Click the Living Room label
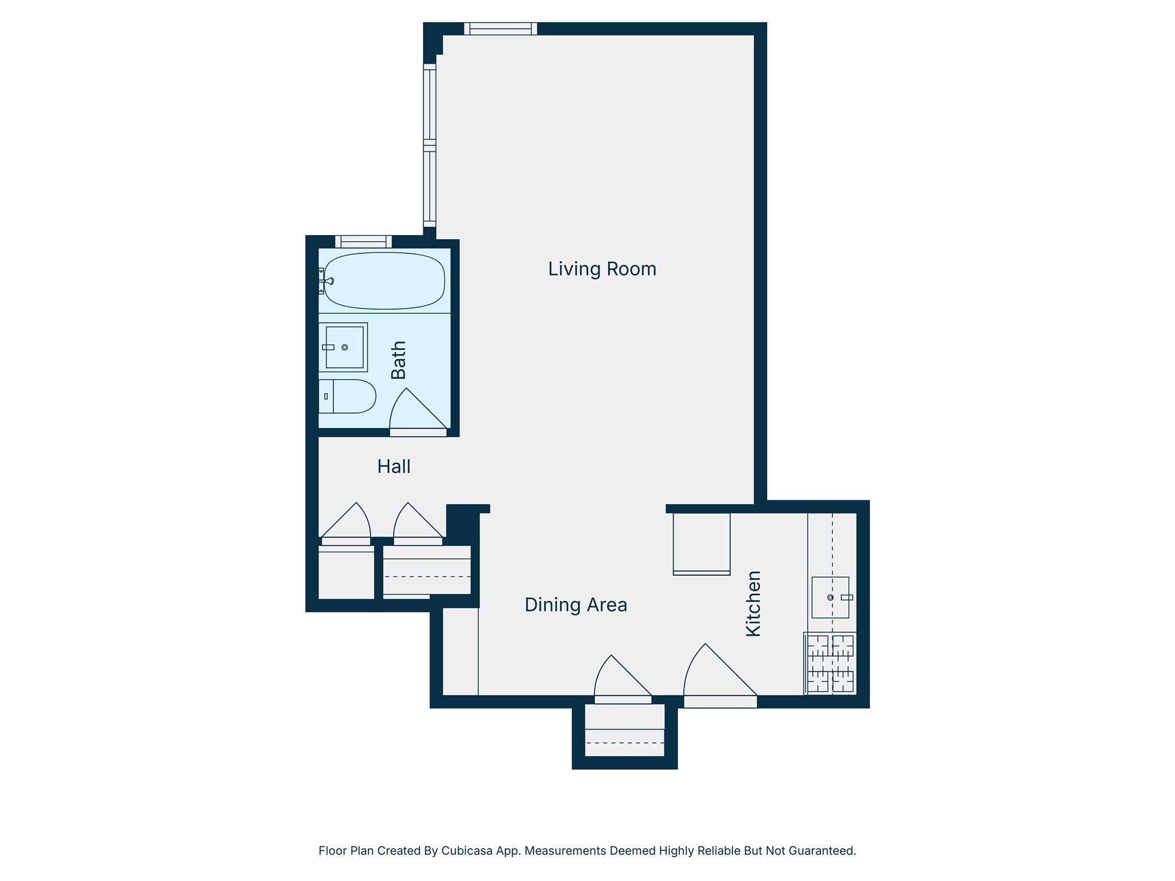(602, 269)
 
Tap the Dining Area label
(575, 605)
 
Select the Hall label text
(394, 467)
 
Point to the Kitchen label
(753, 603)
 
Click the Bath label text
(398, 360)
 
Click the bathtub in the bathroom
(384, 280)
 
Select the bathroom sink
(344, 347)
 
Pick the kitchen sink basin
(830, 597)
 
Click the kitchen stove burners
(830, 664)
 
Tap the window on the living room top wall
(500, 29)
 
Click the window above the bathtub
(363, 241)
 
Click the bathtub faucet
(328, 281)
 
